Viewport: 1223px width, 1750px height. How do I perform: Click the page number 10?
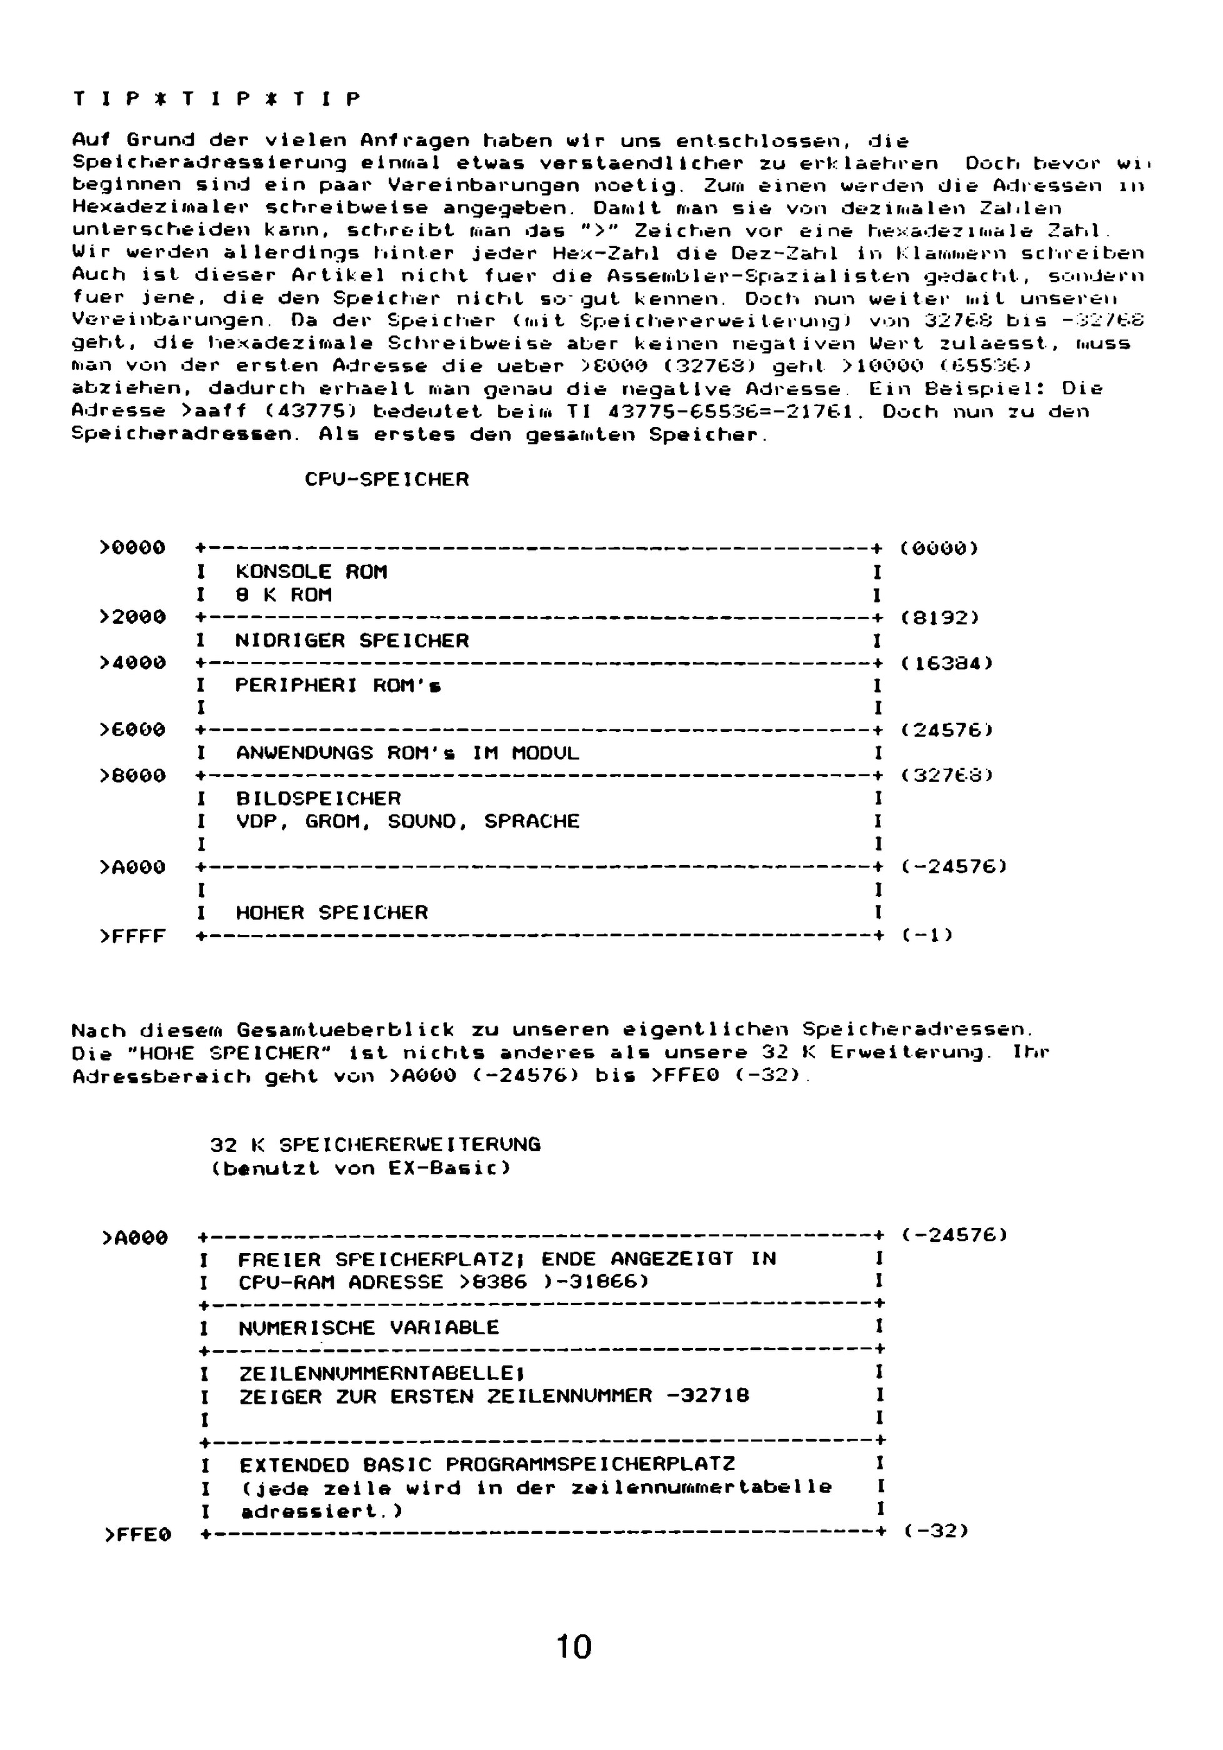pyautogui.click(x=574, y=1647)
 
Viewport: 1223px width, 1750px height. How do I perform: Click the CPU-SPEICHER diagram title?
pyautogui.click(x=386, y=479)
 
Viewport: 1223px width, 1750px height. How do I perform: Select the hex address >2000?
pyautogui.click(x=132, y=617)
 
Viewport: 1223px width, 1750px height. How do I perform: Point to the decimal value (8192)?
pyautogui.click(x=939, y=617)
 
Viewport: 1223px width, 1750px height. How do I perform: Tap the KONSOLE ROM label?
pyautogui.click(x=311, y=572)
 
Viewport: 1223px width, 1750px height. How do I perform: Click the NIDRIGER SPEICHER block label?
pyautogui.click(x=351, y=640)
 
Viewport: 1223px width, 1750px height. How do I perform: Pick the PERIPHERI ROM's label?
pyautogui.click(x=337, y=685)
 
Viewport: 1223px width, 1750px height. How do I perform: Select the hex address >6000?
pyautogui.click(x=132, y=730)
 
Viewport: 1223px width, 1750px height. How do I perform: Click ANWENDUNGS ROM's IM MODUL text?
pyautogui.click(x=407, y=753)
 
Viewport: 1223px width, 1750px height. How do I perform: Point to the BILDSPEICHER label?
pyautogui.click(x=317, y=798)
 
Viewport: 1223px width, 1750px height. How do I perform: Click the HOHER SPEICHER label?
pyautogui.click(x=331, y=912)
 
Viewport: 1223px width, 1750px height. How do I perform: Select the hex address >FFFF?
pyautogui.click(x=132, y=936)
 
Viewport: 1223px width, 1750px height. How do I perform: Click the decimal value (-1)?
pyautogui.click(x=927, y=934)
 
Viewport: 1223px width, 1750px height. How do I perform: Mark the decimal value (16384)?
pyautogui.click(x=946, y=663)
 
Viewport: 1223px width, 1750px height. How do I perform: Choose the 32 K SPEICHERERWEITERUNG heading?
pyautogui.click(x=375, y=1166)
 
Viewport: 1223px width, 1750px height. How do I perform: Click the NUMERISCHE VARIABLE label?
pyautogui.click(x=368, y=1327)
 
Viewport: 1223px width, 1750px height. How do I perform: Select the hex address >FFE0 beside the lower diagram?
pyautogui.click(x=137, y=1535)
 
